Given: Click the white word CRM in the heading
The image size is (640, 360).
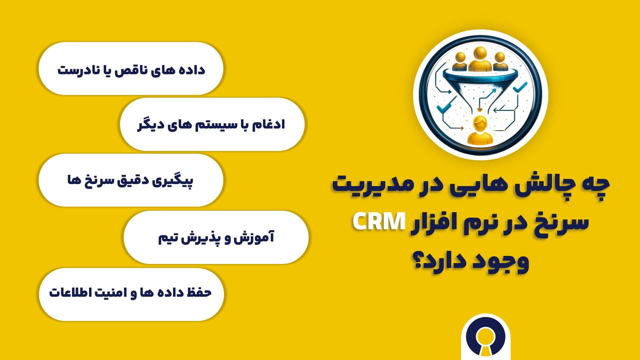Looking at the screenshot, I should pyautogui.click(x=379, y=222).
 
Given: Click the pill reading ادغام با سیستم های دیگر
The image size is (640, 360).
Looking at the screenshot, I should pyautogui.click(x=212, y=124).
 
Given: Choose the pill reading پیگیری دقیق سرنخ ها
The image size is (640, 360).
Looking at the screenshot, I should pyautogui.click(x=131, y=180).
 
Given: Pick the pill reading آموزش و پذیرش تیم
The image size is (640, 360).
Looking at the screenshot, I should pyautogui.click(x=216, y=237).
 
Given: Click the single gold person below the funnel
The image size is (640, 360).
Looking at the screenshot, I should pyautogui.click(x=480, y=131).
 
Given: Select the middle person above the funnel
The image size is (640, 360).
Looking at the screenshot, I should pyautogui.click(x=480, y=59).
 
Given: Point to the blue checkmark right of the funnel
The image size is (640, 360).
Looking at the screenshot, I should pyautogui.click(x=520, y=87).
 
